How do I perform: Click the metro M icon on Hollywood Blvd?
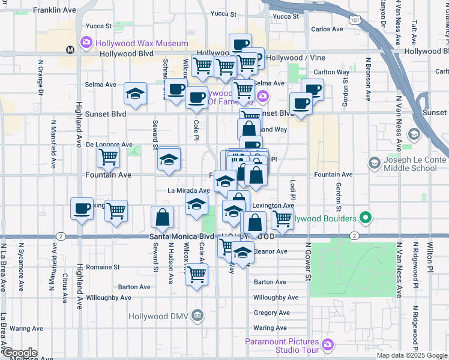tap(70, 50)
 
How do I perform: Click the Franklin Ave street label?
tap(55, 10)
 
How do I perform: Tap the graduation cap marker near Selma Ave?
tap(136, 94)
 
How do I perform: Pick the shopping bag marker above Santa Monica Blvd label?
tap(162, 217)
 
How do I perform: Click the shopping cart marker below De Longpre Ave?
tap(108, 157)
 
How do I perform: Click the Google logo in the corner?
tap(19, 353)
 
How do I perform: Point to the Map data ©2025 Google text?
tap(412, 355)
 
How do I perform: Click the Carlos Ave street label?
tap(327, 29)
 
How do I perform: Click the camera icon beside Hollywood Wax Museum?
tap(86, 43)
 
